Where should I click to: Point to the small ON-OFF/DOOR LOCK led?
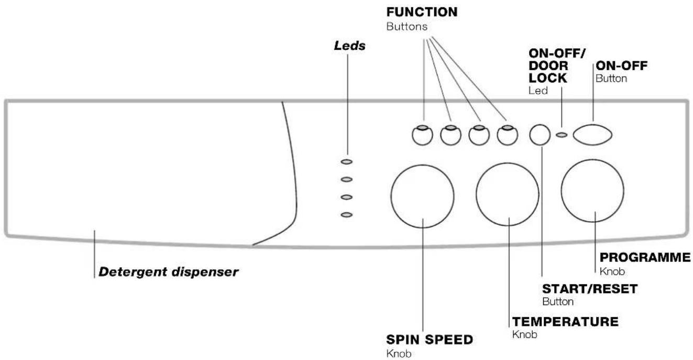[x=562, y=135]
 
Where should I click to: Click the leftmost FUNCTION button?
[x=422, y=135]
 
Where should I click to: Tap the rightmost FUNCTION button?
[x=508, y=135]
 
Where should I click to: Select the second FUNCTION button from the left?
[x=451, y=135]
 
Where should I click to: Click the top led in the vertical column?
[x=347, y=161]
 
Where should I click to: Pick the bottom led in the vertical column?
[x=347, y=215]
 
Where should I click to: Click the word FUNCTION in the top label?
[x=422, y=12]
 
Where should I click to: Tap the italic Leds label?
[x=349, y=46]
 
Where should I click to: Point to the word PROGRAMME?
[x=645, y=257]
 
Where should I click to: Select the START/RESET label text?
[x=590, y=289]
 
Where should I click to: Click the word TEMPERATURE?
[x=566, y=322]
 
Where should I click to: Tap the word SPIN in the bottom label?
[x=403, y=340]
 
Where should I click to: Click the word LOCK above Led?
[x=548, y=78]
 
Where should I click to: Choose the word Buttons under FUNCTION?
[x=407, y=27]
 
